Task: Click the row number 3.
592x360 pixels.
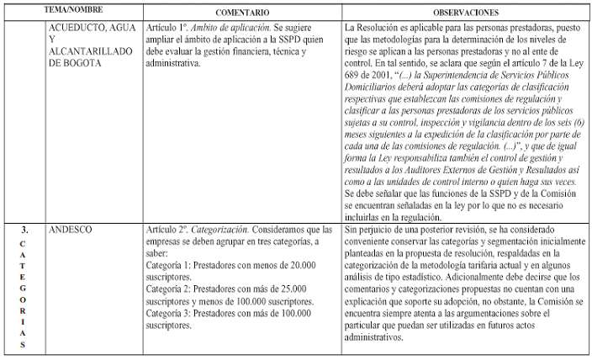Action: coord(24,228)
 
